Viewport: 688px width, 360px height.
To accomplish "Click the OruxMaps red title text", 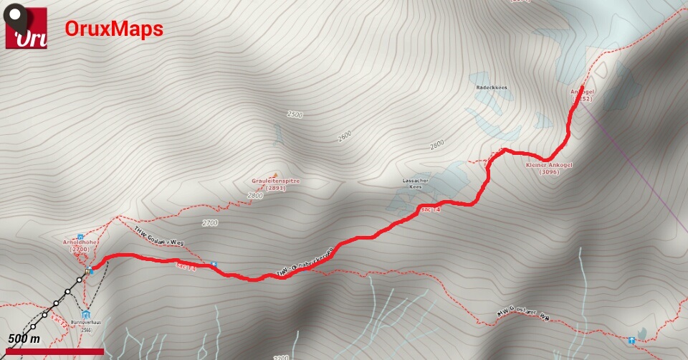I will (x=114, y=29).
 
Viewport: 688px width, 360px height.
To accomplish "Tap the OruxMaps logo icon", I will (x=27, y=28).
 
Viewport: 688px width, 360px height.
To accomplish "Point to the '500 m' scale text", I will (x=24, y=338).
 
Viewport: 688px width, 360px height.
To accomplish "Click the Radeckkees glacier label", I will (x=492, y=87).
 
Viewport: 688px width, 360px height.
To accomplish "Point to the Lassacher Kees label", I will (x=416, y=184).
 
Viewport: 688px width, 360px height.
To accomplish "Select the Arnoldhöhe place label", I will (x=80, y=246).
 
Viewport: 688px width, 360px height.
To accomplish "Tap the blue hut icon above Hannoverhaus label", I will (x=86, y=314).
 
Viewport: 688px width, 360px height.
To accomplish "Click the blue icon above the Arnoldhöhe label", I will (x=80, y=237).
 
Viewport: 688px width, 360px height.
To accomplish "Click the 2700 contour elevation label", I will (x=209, y=223).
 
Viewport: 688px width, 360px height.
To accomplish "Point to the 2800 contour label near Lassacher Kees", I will (x=437, y=145).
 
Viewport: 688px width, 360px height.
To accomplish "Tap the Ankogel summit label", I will (x=580, y=95).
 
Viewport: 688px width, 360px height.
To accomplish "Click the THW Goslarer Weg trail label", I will (x=158, y=237).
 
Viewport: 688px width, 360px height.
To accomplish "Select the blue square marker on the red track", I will (x=214, y=265).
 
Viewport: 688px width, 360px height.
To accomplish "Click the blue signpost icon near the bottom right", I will (x=631, y=340).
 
